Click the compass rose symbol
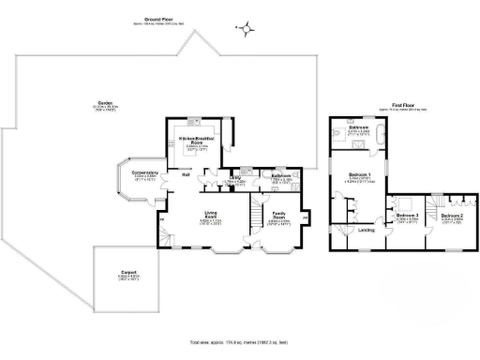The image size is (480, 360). (x=246, y=29)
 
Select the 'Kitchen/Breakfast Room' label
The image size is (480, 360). (x=198, y=141)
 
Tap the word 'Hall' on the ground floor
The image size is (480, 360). (x=187, y=174)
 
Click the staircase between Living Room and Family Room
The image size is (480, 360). (x=253, y=219)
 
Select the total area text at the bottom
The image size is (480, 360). (x=240, y=343)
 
